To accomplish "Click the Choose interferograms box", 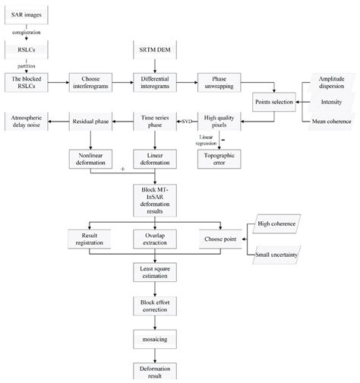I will (91, 82).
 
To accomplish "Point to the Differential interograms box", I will (156, 82).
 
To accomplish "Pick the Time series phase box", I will (156, 120).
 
